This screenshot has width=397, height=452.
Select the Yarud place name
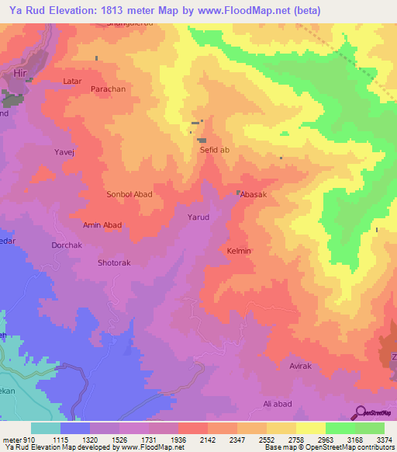click(198, 217)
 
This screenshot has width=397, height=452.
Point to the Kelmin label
click(239, 251)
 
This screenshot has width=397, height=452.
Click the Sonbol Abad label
click(129, 194)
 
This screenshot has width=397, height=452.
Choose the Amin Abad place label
click(102, 224)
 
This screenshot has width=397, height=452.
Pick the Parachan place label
click(108, 90)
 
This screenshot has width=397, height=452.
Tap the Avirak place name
click(301, 365)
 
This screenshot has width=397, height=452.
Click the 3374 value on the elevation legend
click(385, 440)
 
